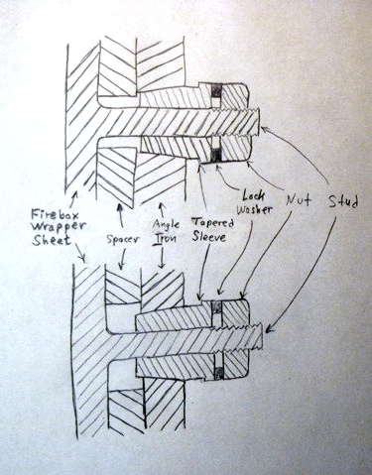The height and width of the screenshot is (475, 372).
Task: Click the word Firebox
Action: point(56,215)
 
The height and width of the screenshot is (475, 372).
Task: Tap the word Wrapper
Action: point(59,227)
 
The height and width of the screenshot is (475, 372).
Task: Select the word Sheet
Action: point(52,240)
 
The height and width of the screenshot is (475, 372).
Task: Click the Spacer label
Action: point(123,239)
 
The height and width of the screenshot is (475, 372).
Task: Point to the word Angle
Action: point(166,225)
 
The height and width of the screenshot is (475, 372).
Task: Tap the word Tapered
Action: point(212,223)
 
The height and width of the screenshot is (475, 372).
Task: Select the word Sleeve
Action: point(209,237)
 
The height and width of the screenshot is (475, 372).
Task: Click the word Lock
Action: point(253,195)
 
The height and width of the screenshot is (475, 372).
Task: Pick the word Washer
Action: point(255,209)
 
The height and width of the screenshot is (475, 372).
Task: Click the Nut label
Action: point(299,199)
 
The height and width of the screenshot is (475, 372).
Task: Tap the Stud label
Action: point(343,201)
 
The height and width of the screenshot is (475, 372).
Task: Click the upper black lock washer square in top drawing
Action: point(216,90)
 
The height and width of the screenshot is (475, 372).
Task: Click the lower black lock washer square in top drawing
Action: point(216,155)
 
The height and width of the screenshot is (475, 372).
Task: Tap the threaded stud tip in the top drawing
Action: point(257,122)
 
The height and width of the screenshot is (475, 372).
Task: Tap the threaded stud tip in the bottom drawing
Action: point(259,336)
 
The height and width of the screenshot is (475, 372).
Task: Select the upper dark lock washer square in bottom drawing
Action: point(216,308)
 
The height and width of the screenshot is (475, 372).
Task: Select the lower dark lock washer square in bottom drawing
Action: point(218,372)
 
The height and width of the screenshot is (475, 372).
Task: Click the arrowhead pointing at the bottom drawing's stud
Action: point(269,329)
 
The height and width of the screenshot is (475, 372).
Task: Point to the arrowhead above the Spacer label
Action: point(119,207)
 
